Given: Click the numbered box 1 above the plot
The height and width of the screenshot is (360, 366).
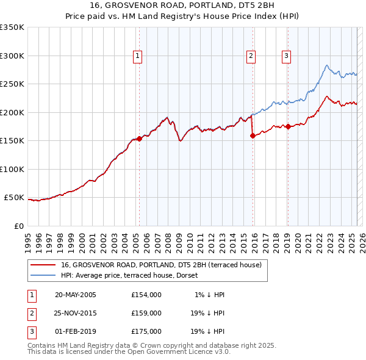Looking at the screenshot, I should coord(138,56).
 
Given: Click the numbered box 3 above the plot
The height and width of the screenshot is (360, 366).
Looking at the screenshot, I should coord(286,56).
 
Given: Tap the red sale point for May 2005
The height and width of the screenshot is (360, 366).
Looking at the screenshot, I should coord(139,139).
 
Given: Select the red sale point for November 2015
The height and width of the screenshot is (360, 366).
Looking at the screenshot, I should coord(253,136).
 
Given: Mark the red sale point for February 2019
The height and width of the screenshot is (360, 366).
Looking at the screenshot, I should coord(287,127).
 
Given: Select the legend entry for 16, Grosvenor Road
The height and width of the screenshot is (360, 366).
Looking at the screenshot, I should coord(161,265).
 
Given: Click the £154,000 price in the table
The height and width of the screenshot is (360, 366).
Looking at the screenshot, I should coord(146,295).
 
